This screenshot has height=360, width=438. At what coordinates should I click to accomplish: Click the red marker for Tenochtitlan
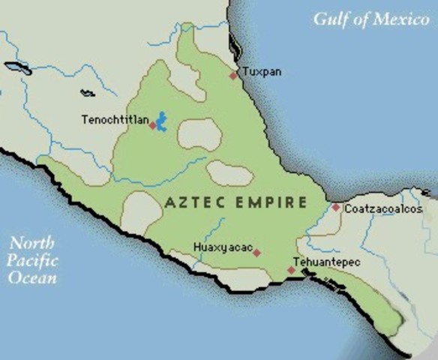pos(152,125)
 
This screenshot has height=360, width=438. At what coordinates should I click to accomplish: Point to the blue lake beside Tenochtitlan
pos(160,120)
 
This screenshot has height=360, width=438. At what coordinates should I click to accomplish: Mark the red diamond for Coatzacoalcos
pos(336,207)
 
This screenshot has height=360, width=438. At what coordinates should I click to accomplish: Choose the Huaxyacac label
pos(220,247)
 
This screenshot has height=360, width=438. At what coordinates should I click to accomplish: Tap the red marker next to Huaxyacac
pos(256,253)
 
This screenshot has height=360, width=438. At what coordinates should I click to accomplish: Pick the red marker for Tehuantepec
pos(291,270)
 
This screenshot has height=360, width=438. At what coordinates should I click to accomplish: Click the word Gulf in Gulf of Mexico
pos(331,19)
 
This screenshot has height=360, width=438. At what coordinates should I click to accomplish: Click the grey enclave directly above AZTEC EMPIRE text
pos(229,173)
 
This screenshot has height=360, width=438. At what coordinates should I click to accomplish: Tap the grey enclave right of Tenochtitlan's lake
pos(199,135)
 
